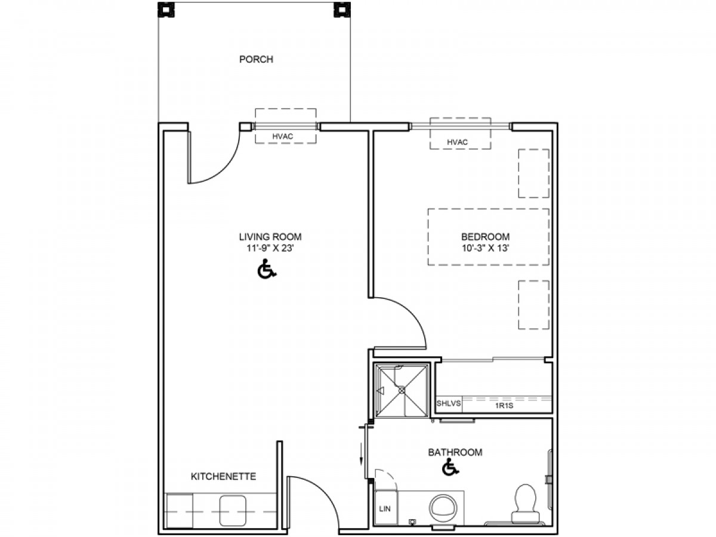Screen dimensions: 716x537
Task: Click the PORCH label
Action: (256, 59)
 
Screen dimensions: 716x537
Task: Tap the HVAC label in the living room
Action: (282, 136)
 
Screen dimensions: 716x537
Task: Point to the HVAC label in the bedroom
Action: (457, 142)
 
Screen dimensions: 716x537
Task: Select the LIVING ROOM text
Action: (270, 236)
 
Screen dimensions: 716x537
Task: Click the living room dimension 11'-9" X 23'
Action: (270, 248)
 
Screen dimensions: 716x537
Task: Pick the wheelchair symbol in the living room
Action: (267, 269)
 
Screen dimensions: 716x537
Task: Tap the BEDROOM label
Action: (485, 236)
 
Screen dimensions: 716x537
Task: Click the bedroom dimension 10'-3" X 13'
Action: (485, 248)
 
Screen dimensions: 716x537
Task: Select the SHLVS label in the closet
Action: (449, 403)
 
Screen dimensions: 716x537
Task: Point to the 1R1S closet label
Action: (504, 406)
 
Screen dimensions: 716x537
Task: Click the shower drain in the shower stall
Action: (402, 390)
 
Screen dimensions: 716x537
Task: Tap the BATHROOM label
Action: (455, 452)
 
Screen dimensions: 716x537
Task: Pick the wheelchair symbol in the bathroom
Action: (450, 467)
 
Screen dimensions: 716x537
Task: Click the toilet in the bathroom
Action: (525, 504)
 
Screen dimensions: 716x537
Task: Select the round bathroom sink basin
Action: (443, 508)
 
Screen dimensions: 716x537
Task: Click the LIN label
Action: (385, 508)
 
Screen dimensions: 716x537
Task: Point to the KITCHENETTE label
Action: (223, 476)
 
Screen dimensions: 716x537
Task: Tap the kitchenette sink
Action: (232, 511)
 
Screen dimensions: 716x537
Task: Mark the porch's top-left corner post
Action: (166, 10)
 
